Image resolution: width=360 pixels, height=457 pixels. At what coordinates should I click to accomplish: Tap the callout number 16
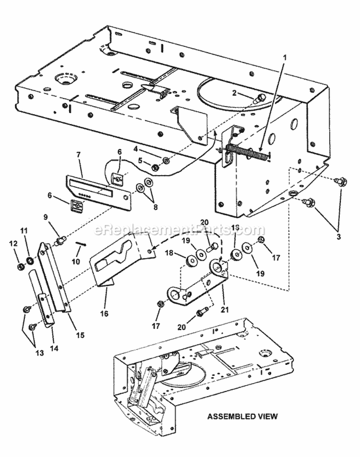point(104,314)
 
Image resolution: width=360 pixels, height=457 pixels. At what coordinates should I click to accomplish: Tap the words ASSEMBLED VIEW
point(242,416)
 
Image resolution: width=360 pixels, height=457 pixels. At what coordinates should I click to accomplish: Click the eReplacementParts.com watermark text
point(180,230)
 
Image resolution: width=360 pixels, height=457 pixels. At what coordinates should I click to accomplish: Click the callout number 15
point(80,335)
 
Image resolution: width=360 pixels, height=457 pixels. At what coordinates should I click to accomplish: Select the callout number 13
point(39,353)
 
